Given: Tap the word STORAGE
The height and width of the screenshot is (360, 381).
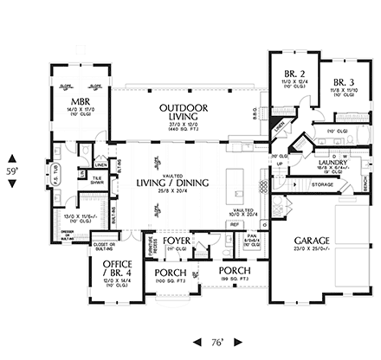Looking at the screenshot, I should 322,183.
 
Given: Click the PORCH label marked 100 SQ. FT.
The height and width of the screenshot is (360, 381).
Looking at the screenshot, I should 171,273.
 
